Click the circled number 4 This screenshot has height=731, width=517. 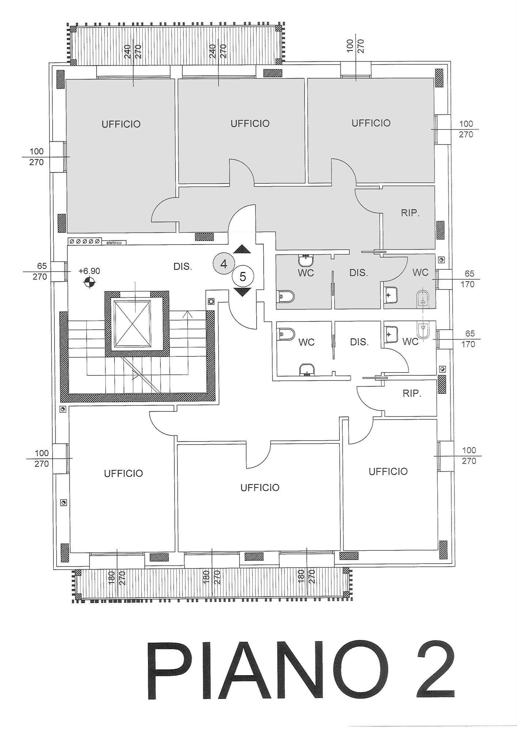tap(224, 264)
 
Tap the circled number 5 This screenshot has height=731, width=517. tap(243, 277)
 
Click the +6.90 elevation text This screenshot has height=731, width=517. tap(89, 271)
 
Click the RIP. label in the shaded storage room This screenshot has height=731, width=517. tap(410, 213)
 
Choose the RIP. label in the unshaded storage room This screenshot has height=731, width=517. tap(412, 394)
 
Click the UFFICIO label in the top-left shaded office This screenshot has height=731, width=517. tap(121, 124)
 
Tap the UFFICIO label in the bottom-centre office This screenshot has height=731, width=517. tap(260, 488)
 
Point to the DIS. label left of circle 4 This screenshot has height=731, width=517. tap(183, 267)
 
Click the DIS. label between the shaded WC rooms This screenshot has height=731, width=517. tap(358, 273)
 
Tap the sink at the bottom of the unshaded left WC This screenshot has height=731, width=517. tap(306, 370)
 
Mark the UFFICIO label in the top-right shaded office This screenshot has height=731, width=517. tap(371, 123)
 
